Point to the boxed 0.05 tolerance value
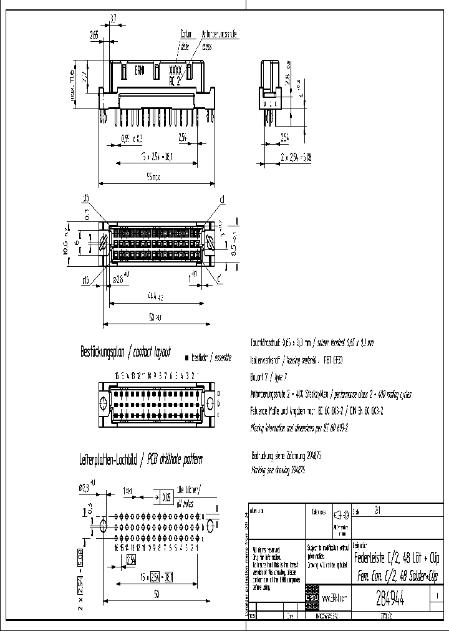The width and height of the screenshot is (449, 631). coord(166,498)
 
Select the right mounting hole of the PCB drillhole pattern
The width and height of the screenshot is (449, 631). coord(210,525)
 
